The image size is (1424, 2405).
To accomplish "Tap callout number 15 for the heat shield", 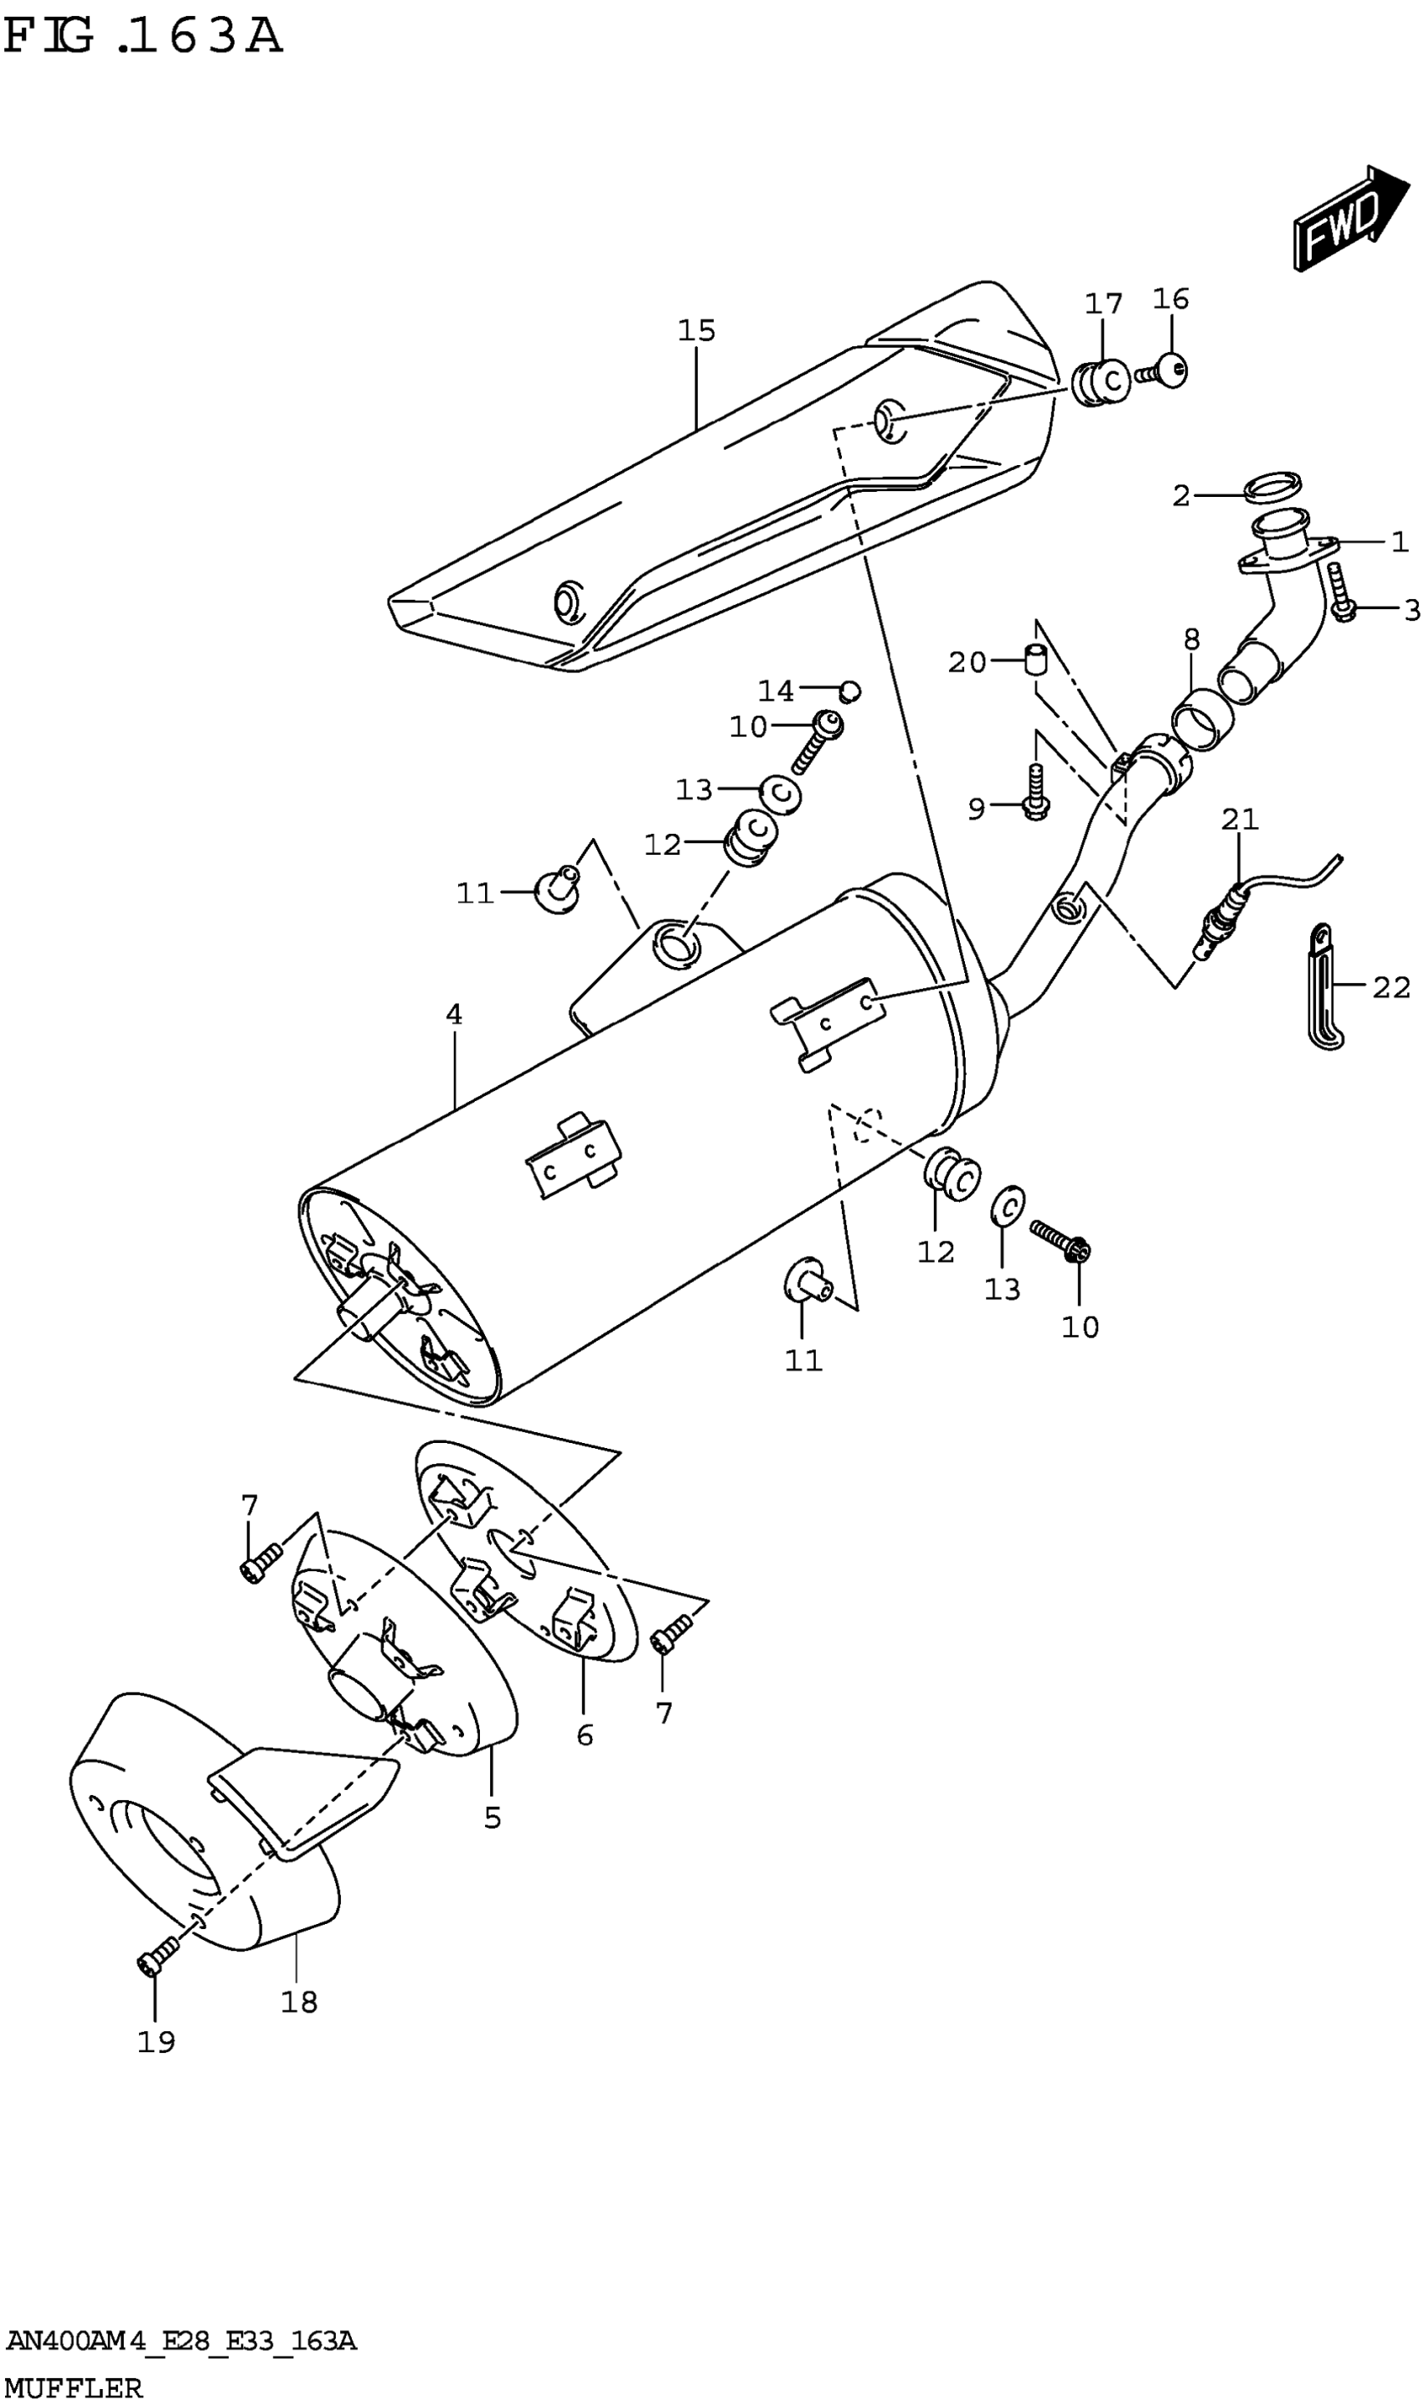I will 697,331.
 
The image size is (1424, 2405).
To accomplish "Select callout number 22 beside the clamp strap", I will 1390,986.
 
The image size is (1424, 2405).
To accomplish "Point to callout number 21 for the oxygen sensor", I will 1239,819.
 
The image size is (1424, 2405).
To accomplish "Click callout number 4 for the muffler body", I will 454,1015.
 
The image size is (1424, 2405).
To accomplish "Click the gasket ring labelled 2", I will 1272,487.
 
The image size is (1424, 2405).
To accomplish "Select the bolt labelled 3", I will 1340,593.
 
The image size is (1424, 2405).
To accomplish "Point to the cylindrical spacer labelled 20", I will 1033,661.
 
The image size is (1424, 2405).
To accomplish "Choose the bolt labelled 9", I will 1034,794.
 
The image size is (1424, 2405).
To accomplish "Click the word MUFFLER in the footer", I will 74,2380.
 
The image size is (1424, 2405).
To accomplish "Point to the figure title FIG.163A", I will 144,37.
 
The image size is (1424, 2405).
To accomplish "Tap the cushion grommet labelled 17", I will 1099,382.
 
